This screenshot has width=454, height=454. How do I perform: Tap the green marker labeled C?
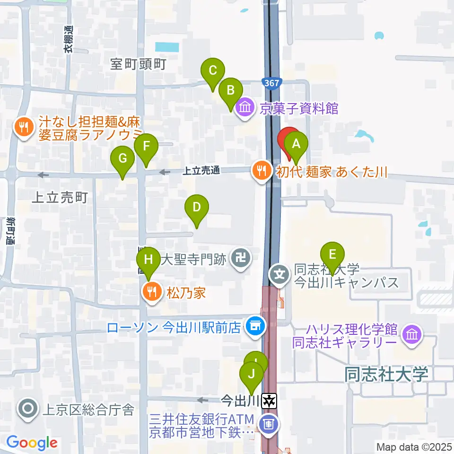pos(212,72)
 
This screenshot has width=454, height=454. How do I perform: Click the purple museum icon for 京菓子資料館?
pos(245,108)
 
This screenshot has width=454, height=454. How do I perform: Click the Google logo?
pos(32,443)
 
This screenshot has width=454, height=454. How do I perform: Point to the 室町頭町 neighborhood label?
pos(138,64)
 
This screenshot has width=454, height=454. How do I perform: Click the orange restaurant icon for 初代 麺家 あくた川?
pos(262,171)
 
